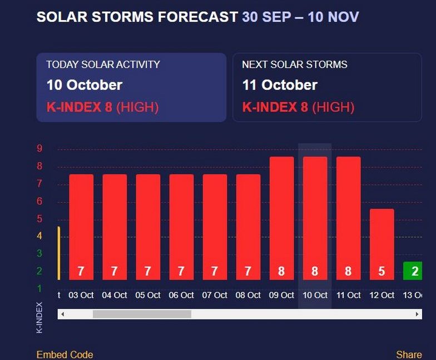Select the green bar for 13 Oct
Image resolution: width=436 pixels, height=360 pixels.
pos(414,271)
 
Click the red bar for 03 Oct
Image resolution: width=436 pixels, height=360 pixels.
pos(81,222)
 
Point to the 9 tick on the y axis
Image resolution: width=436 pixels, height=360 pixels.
pos(39,148)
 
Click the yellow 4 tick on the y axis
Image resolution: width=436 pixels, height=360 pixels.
pos(39,236)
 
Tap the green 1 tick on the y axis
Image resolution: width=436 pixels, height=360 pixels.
pos(39,288)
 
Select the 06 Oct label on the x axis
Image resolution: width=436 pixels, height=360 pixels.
pos(181,295)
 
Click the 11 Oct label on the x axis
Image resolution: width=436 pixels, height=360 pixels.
pos(348,295)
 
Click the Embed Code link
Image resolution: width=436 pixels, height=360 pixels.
pos(65,354)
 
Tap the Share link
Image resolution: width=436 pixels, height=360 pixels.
pos(409,354)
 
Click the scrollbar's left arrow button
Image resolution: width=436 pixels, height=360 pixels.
pos(62,314)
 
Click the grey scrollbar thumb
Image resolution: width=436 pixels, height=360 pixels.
pos(142,314)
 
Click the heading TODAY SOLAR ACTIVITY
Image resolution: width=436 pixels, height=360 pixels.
pos(103,64)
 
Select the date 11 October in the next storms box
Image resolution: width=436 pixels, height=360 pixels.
pos(280,85)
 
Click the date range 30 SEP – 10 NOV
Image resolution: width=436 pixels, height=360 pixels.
pos(300,17)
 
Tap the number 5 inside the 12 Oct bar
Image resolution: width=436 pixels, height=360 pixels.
pos(381,272)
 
